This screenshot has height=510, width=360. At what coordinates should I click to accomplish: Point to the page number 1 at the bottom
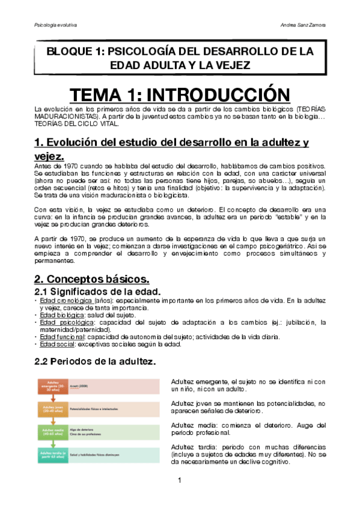click(x=180, y=479)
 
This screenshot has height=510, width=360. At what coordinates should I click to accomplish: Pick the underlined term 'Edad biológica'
click(x=59, y=315)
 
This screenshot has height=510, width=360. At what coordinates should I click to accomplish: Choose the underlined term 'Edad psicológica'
click(x=63, y=322)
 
